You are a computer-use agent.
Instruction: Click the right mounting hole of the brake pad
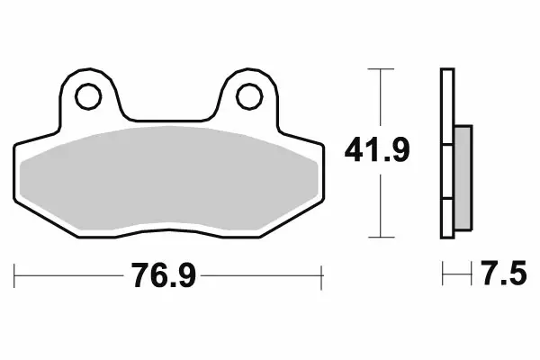tap(249, 93)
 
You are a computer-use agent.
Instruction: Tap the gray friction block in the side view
tap(463, 175)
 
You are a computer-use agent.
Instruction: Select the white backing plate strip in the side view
tap(445, 153)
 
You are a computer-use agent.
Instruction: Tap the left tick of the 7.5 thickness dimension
tap(442, 273)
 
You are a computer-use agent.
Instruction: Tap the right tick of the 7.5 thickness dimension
tap(472, 273)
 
